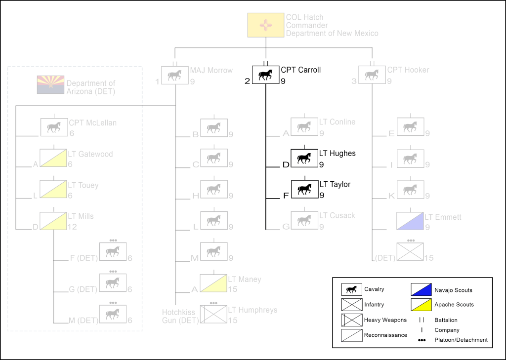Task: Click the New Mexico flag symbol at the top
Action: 266,25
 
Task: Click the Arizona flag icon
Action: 50,84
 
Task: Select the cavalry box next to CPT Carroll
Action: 266,75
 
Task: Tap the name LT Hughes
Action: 337,154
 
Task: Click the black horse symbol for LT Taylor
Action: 304,189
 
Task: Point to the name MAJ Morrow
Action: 211,70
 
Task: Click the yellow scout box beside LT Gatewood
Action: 53,158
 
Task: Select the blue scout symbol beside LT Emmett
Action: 410,221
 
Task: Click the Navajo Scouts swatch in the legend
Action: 421,290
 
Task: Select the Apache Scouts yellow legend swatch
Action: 421,304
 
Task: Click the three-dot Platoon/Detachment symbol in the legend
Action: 421,340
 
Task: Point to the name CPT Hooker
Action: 408,70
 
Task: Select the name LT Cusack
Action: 337,216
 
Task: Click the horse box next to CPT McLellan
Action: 53,127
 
